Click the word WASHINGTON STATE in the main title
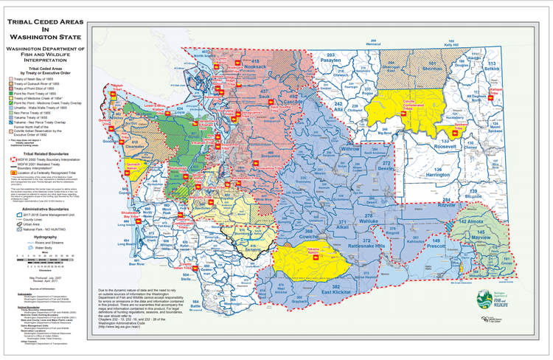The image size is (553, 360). [44, 35]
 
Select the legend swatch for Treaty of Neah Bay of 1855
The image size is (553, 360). [11, 77]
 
